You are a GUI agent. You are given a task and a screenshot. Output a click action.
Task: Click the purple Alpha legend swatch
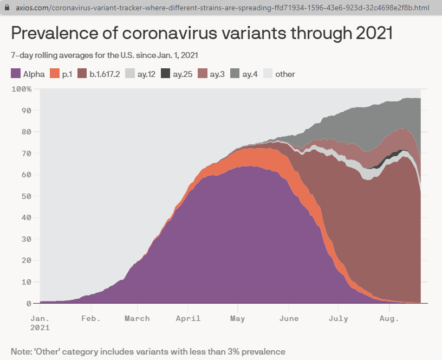(16, 74)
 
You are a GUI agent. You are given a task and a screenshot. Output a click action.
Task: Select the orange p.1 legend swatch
(54, 74)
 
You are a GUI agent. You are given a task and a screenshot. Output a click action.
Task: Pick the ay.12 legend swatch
(129, 74)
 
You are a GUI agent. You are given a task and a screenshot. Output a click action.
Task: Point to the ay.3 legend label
(217, 74)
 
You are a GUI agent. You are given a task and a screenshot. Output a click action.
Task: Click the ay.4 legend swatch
(235, 74)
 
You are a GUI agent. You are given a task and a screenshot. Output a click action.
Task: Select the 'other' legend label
(285, 74)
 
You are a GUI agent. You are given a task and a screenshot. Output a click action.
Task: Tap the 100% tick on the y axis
(22, 89)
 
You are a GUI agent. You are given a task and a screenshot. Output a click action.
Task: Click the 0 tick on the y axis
(29, 304)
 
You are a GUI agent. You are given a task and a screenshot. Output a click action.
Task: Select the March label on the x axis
(137, 318)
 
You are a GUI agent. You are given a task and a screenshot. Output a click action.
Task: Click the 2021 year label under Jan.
(40, 327)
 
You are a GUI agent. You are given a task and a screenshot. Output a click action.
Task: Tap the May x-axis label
(237, 318)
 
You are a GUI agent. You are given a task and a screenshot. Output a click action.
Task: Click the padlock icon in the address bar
(6, 9)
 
